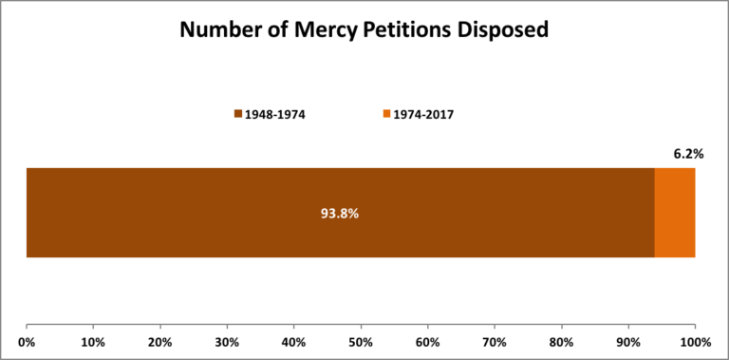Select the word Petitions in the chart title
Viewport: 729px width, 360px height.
click(x=404, y=29)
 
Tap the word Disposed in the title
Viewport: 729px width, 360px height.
click(x=502, y=29)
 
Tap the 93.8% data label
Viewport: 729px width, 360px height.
click(x=340, y=213)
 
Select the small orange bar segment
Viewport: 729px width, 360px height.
click(x=675, y=213)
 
